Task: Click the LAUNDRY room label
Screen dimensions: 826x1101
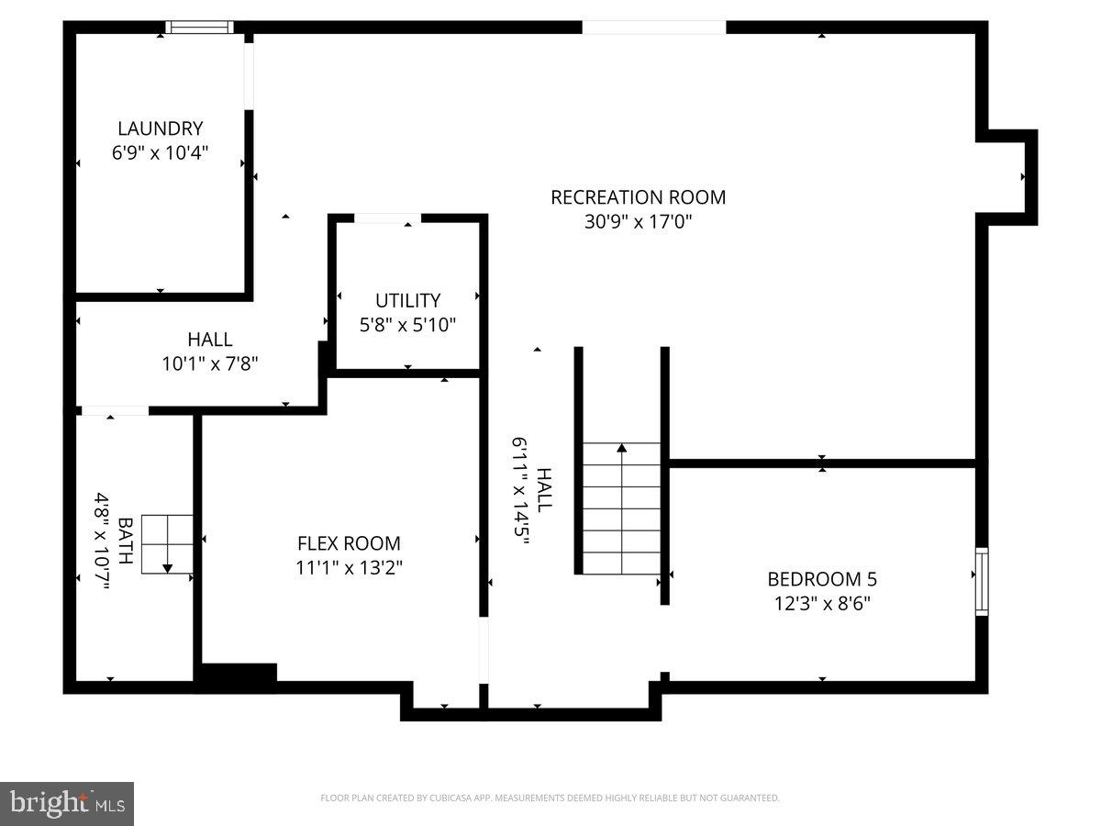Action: coord(160,128)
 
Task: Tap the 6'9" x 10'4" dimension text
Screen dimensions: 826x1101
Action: coord(160,152)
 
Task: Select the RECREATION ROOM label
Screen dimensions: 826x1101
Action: coord(638,197)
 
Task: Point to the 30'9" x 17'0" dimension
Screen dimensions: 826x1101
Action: coord(638,221)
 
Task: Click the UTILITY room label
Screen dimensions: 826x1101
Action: coord(407,300)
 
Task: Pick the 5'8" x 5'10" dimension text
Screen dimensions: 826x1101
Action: coord(407,324)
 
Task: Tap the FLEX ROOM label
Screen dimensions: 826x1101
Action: coord(349,543)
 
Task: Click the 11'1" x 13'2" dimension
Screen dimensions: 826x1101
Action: coord(349,567)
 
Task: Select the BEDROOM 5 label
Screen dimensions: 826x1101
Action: coord(822,579)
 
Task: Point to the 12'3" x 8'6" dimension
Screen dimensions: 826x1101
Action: coord(822,603)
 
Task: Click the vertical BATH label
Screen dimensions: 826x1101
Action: coord(126,541)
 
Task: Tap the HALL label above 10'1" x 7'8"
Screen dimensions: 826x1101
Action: coord(210,340)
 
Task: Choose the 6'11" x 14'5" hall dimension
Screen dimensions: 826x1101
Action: coord(521,491)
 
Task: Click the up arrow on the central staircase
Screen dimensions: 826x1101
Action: coord(622,449)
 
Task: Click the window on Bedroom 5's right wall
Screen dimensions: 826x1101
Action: coord(982,580)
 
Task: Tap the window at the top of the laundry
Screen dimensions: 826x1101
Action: coord(201,28)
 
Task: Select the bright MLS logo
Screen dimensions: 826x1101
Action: coord(67,803)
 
